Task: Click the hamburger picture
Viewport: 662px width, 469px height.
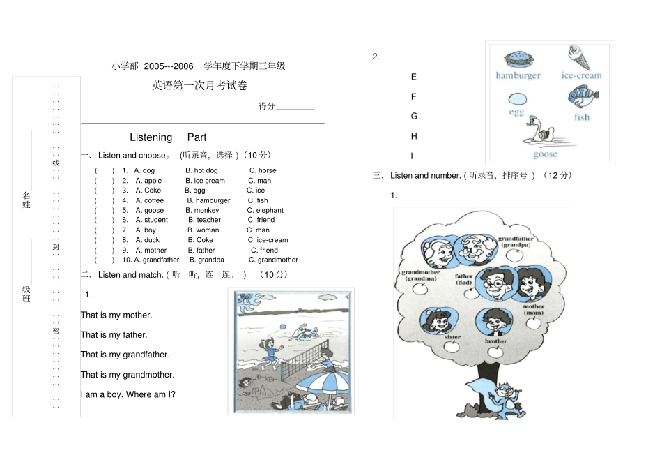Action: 517,59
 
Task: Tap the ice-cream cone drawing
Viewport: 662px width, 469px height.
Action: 578,57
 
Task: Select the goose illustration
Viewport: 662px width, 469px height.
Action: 543,132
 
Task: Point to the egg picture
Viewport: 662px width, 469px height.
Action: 517,99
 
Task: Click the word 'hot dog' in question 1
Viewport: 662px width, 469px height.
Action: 205,170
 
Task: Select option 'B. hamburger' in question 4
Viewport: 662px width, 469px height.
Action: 208,200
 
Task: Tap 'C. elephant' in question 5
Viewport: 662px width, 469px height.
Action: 265,210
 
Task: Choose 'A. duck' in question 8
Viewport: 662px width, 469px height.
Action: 147,240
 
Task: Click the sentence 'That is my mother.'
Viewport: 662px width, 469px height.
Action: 116,315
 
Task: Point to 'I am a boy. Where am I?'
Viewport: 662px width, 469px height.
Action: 128,395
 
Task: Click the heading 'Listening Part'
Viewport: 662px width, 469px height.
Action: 168,137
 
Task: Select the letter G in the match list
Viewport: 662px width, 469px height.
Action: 414,117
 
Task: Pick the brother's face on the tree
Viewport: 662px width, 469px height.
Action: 495,322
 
